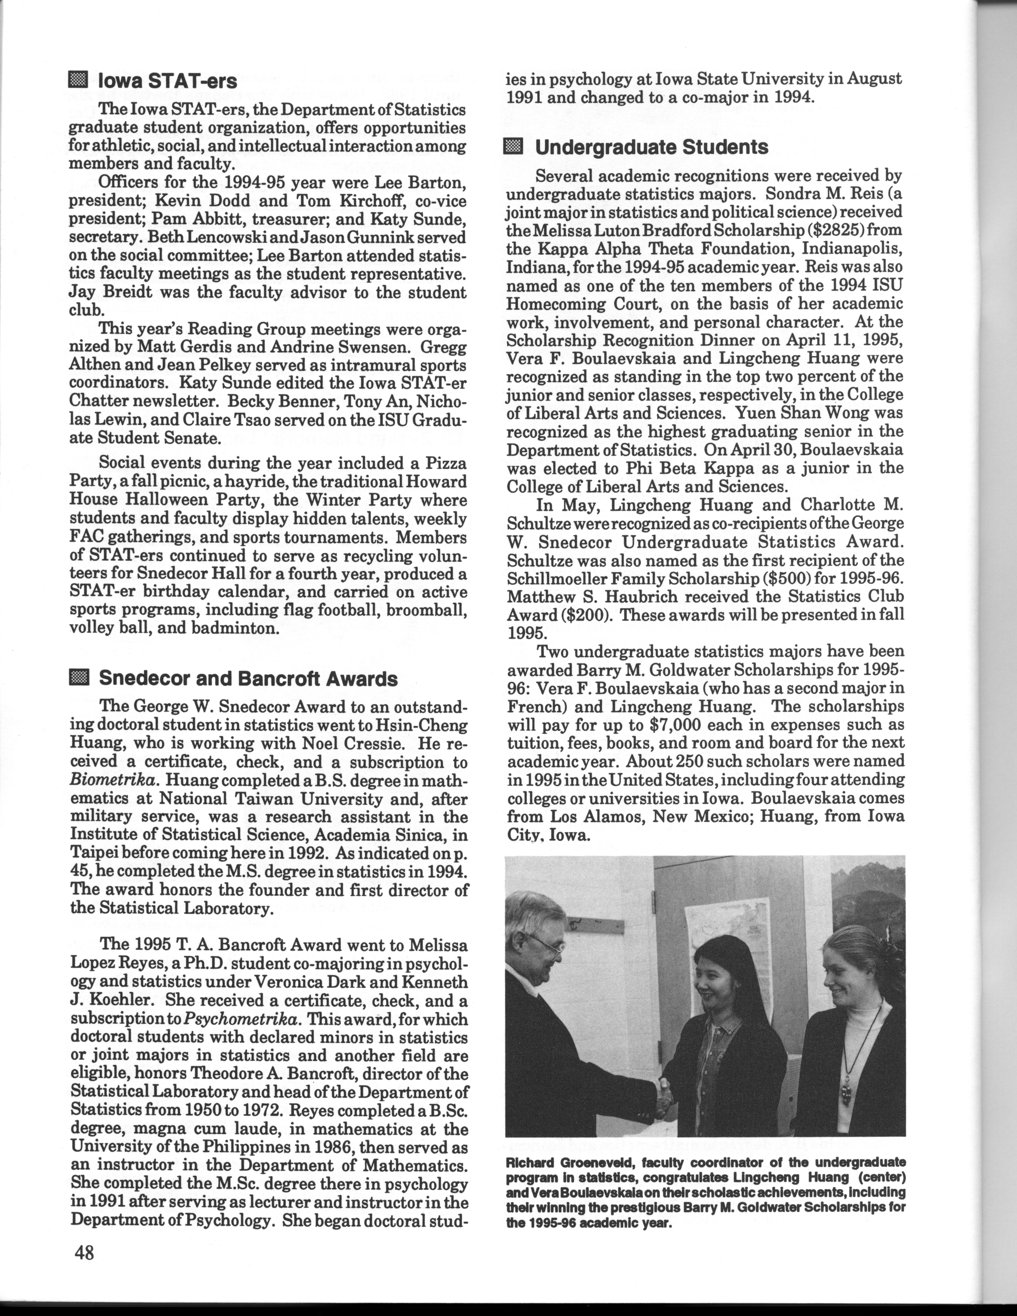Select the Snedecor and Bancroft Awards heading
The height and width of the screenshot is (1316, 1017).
coord(248,679)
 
